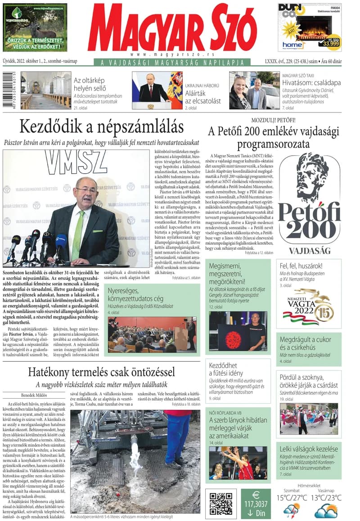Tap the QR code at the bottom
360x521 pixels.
[x=221, y=503]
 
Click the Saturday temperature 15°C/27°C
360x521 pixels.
[x=292, y=498]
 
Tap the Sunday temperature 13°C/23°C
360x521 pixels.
[x=327, y=498]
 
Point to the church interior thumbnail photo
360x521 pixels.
[x=45, y=90]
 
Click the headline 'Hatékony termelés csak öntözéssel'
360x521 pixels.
[x=101, y=372]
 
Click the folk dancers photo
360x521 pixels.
[x=309, y=418]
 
